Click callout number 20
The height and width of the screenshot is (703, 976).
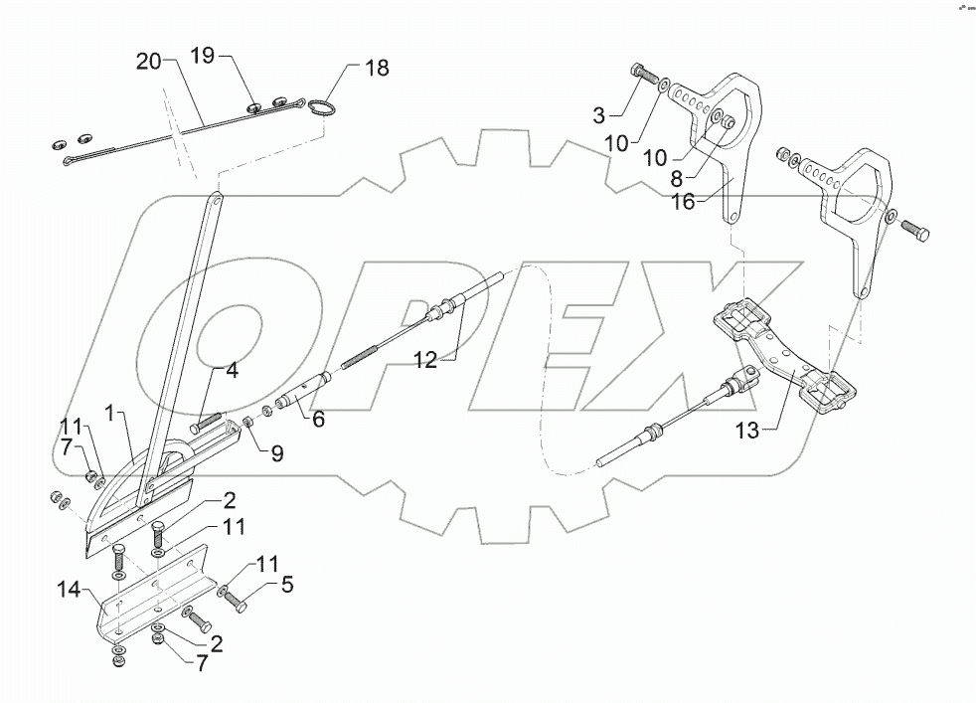(x=148, y=62)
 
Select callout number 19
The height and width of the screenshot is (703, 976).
(x=202, y=56)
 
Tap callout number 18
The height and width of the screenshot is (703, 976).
(x=377, y=69)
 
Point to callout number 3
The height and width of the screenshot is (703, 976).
(x=598, y=115)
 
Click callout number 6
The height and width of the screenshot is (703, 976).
(x=319, y=419)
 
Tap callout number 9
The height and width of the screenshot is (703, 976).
(x=276, y=455)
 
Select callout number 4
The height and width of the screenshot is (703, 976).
(x=231, y=372)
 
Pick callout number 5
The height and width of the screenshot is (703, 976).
(x=286, y=585)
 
